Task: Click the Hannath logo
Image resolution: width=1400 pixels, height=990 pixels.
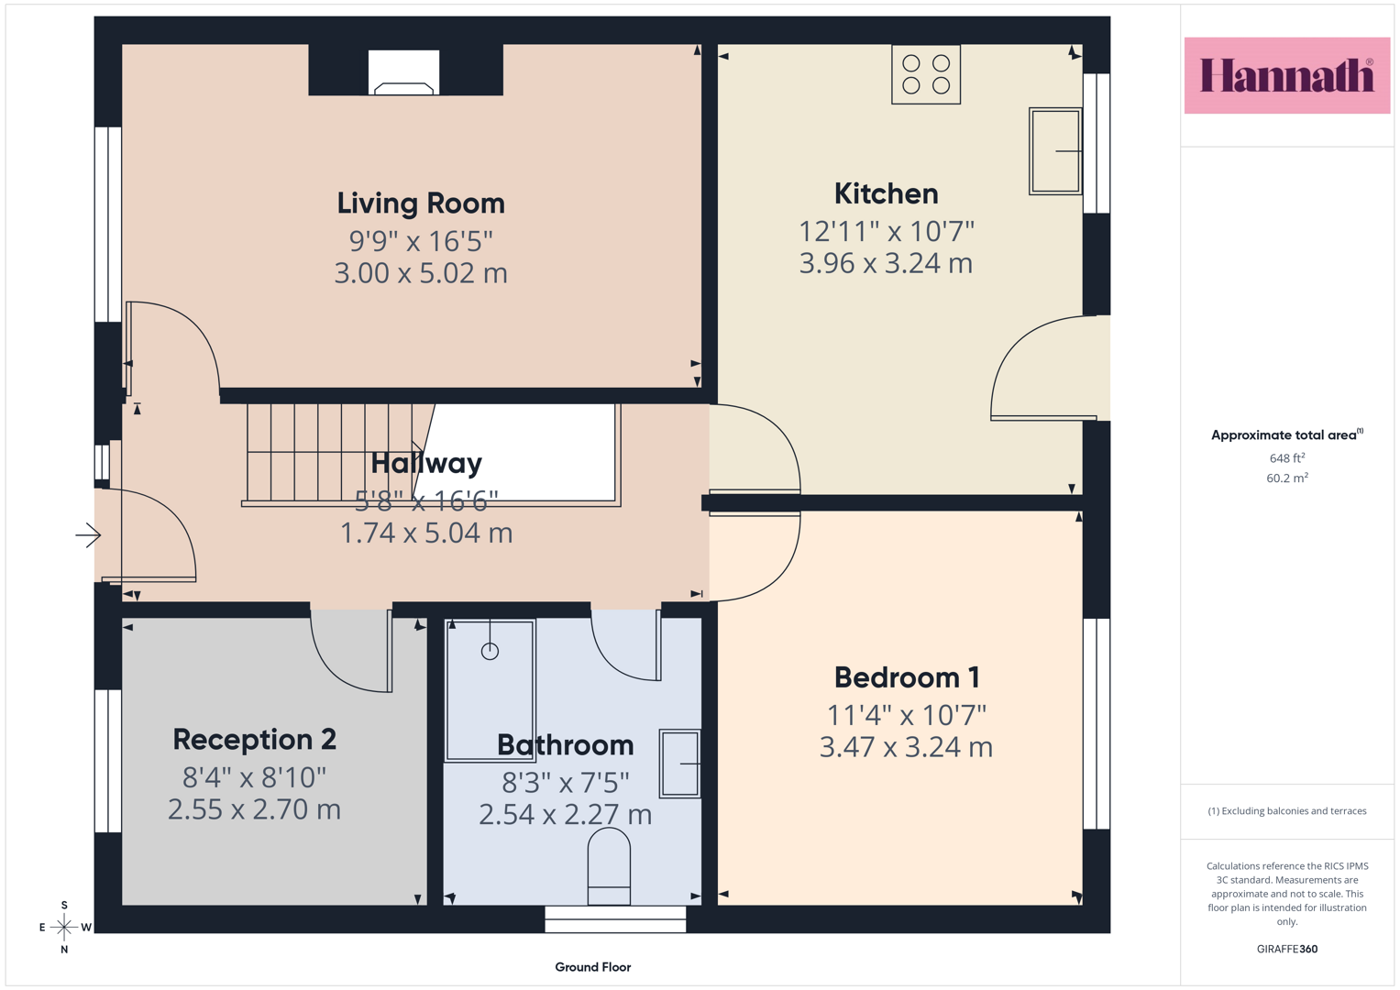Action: (x=1287, y=75)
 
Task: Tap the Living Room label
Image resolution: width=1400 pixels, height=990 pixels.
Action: (x=421, y=203)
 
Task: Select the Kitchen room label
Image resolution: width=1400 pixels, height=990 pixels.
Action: (x=887, y=193)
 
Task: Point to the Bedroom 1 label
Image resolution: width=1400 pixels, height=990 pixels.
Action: (x=906, y=677)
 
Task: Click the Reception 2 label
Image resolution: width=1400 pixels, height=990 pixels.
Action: (x=254, y=740)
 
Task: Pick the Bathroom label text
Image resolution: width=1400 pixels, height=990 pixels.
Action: (x=565, y=745)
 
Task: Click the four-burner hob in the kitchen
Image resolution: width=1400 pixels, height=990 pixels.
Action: (x=926, y=74)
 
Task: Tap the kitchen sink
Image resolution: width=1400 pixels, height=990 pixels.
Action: (x=1055, y=151)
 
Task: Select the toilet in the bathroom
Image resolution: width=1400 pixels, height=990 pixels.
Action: (x=609, y=866)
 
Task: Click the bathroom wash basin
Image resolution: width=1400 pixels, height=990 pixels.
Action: (x=680, y=763)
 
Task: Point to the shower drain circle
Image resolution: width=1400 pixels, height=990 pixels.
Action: (x=490, y=651)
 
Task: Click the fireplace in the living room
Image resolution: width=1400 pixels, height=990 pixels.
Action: (x=403, y=72)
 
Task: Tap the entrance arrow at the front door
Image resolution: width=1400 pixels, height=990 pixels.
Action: (x=88, y=535)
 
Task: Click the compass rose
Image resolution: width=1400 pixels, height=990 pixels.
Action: (x=64, y=927)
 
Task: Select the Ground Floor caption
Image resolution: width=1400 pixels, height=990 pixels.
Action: (x=592, y=967)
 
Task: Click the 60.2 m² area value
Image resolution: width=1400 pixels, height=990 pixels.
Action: (x=1287, y=478)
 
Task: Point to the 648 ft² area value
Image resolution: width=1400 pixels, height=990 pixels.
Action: (x=1287, y=457)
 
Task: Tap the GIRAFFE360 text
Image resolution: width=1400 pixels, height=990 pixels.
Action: (x=1287, y=949)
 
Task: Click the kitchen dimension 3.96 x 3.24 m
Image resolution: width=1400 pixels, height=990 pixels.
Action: (x=887, y=263)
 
